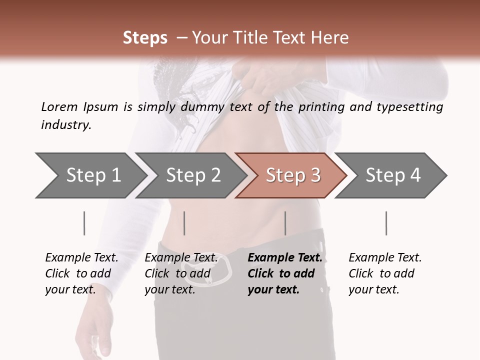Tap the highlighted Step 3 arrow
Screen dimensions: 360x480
point(293,175)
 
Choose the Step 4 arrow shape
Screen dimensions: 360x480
point(393,175)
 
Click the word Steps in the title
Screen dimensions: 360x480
point(145,38)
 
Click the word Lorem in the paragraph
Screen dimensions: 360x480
point(59,107)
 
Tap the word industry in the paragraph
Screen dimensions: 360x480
point(66,125)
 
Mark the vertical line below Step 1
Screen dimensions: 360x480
point(84,223)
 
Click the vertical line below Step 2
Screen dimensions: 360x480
point(184,223)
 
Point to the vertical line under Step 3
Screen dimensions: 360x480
point(285,223)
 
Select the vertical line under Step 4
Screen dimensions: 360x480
point(386,223)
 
